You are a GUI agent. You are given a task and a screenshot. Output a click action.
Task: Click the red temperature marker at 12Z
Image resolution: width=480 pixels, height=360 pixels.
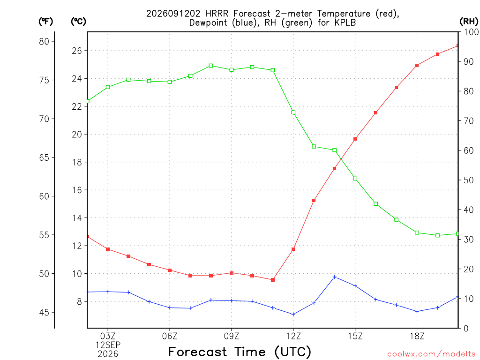click(x=293, y=249)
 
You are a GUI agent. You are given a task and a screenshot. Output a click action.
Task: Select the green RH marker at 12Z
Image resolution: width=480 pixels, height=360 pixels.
click(x=293, y=112)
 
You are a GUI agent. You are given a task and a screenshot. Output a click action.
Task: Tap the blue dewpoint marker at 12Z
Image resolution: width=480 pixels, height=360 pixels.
click(x=293, y=315)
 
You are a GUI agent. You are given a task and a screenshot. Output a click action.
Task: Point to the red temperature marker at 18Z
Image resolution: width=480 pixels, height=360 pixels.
click(x=417, y=66)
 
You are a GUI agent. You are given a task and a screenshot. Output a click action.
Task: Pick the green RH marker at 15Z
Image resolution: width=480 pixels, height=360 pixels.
click(x=355, y=179)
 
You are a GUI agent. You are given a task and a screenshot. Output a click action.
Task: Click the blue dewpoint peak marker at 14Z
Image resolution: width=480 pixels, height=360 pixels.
click(x=335, y=277)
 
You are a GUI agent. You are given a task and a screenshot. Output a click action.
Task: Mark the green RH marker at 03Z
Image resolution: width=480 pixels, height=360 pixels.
click(x=108, y=87)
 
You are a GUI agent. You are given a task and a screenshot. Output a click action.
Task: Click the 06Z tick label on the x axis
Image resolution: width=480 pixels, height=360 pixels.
click(x=170, y=336)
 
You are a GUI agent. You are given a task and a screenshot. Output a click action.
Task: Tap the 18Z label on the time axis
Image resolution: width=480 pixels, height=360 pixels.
click(x=417, y=336)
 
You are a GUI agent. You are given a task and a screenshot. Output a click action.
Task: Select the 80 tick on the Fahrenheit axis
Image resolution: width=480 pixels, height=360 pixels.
click(x=44, y=41)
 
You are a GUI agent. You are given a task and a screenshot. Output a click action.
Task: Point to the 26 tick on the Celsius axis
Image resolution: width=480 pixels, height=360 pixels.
click(x=77, y=51)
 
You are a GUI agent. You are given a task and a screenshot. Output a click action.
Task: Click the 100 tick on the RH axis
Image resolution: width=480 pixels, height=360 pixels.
click(x=472, y=32)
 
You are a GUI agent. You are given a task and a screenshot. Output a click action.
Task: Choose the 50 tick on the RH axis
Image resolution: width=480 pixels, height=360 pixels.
click(x=468, y=180)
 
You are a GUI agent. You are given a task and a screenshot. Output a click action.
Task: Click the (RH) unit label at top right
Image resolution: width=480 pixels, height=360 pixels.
click(x=469, y=21)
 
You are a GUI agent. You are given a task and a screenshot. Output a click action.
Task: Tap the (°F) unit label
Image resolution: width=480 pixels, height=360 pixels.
click(x=45, y=22)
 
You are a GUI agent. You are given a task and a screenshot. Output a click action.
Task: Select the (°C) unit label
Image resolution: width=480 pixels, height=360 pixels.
click(x=78, y=22)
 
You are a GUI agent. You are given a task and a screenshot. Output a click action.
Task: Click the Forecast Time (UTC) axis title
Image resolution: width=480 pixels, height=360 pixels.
click(x=240, y=352)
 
